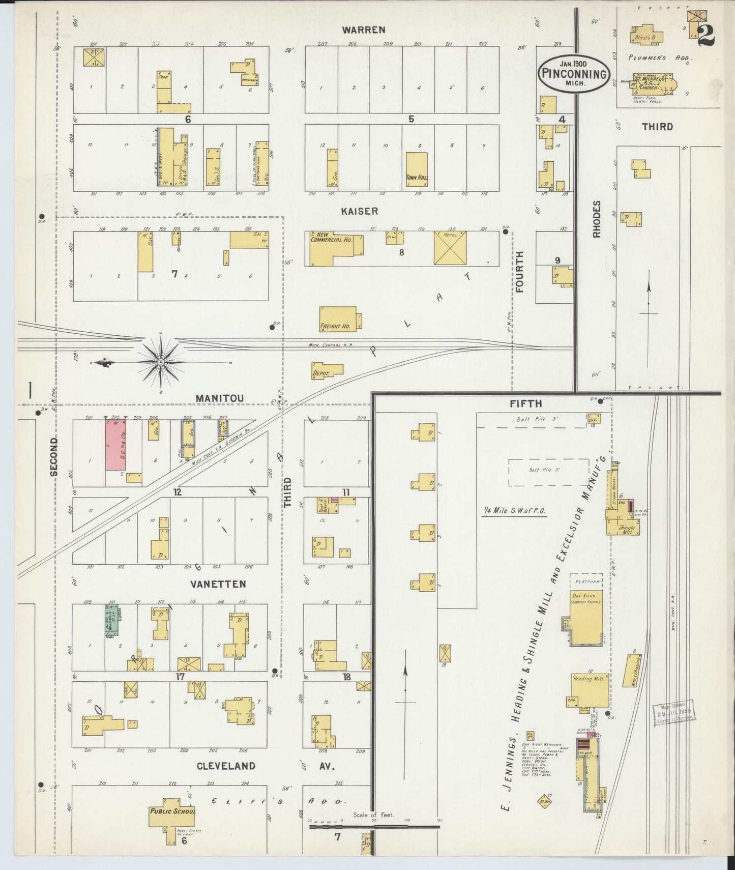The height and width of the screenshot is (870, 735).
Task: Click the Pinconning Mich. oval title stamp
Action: tap(573, 74)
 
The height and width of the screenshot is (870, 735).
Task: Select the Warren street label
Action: tap(363, 30)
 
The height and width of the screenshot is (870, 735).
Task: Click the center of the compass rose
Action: tap(161, 362)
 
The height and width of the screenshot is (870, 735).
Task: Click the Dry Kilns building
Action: tap(586, 617)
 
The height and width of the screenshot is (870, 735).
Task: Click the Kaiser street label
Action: tap(360, 211)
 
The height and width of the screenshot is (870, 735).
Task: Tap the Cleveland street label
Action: tap(226, 766)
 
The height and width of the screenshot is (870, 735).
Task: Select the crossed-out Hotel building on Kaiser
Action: tap(450, 248)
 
